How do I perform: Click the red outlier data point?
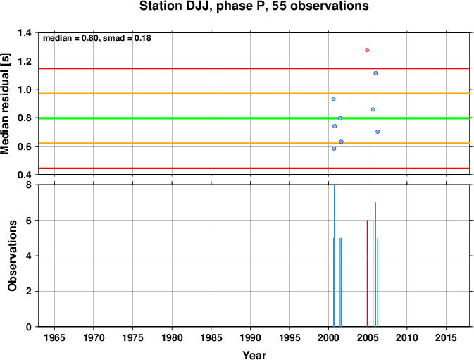[x=367, y=50]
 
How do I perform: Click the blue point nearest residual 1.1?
[x=375, y=73]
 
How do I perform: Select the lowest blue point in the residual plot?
[x=334, y=149]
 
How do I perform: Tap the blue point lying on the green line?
[x=340, y=118]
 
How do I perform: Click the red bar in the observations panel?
[x=367, y=273]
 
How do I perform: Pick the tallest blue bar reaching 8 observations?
[x=335, y=256]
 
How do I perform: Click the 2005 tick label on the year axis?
[x=368, y=337]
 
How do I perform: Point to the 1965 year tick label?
[x=54, y=337]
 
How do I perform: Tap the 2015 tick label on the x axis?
[x=446, y=337]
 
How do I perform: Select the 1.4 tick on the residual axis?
[x=25, y=32]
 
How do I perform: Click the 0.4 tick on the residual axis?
[x=25, y=175]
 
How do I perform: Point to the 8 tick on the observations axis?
[x=29, y=185]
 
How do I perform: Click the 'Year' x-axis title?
[x=254, y=355]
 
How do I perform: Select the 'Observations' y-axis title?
[x=12, y=256]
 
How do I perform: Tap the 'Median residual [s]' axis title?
[x=5, y=104]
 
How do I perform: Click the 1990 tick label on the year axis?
[x=250, y=337]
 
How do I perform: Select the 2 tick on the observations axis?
[x=29, y=292]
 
